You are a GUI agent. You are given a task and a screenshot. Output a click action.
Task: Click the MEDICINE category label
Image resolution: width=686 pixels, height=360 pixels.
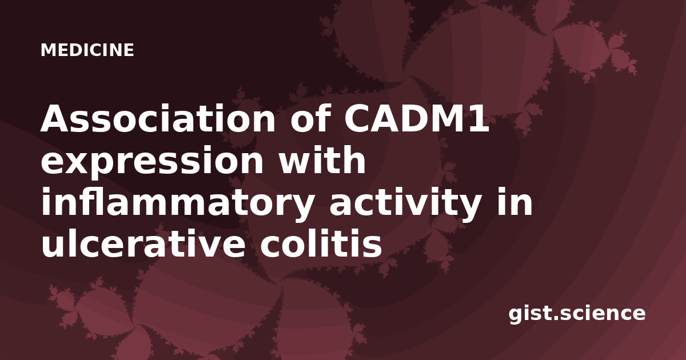click(87, 50)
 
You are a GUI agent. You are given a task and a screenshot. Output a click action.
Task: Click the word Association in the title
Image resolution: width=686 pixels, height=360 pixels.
click(158, 118)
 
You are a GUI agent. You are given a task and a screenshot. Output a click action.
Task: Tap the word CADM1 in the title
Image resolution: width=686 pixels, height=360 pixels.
click(416, 118)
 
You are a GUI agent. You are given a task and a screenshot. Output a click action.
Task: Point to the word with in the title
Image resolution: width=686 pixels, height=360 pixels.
click(322, 160)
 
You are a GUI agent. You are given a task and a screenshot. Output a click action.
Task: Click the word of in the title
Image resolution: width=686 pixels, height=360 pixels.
click(310, 118)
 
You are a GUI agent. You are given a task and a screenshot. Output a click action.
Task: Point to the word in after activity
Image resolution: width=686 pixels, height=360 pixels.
click(514, 201)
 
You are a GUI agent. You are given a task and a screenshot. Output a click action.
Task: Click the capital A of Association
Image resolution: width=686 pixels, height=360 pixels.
click(56, 118)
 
